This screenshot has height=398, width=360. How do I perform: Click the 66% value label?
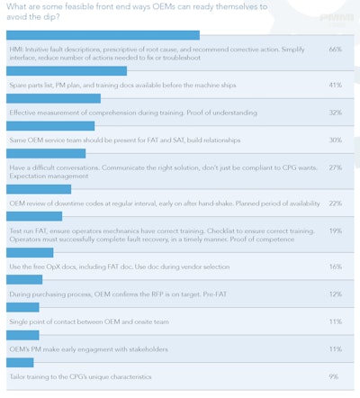pos(335,50)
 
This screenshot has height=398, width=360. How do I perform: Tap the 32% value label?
pos(335,113)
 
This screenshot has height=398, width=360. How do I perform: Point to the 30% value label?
pos(335,140)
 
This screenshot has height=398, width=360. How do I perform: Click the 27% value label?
pos(335,167)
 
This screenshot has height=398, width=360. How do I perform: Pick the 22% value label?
pos(335,204)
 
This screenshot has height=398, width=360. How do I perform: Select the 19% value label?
pos(335,231)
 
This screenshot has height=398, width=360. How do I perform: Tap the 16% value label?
pos(335,267)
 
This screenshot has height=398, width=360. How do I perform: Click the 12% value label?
pos(335,294)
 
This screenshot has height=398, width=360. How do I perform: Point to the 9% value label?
pos(335,375)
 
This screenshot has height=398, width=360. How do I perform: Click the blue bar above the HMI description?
pos(103,35)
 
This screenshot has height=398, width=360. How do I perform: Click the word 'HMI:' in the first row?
pos(17,50)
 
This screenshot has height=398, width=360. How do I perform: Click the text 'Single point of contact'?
pos(46,321)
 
